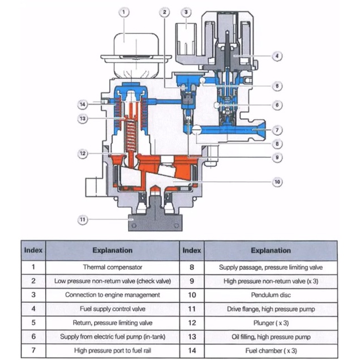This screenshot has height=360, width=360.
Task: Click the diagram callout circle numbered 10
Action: point(277,181)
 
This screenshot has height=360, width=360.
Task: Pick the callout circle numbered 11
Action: point(83,219)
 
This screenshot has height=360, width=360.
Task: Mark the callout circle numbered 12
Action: point(83,153)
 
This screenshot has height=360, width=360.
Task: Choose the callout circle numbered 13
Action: point(83,118)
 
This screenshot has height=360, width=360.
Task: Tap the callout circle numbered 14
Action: point(83,104)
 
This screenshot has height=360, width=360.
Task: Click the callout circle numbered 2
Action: point(164,11)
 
